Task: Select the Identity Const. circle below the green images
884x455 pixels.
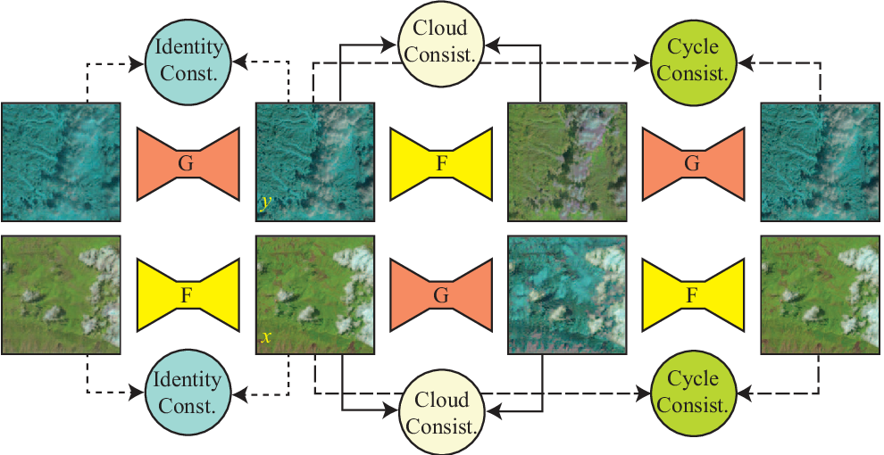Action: point(188,392)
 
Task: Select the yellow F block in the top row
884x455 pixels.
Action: point(441,162)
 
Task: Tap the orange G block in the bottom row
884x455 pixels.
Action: point(441,294)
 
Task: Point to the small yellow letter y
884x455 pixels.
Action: point(264,203)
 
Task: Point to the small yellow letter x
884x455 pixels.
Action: point(265,338)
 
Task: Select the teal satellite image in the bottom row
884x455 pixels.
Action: point(567,294)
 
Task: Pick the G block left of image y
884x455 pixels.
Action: point(188,162)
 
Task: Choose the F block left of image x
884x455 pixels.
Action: point(188,294)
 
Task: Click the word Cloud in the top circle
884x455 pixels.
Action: point(441,30)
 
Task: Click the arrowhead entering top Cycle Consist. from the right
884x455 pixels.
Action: point(746,63)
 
